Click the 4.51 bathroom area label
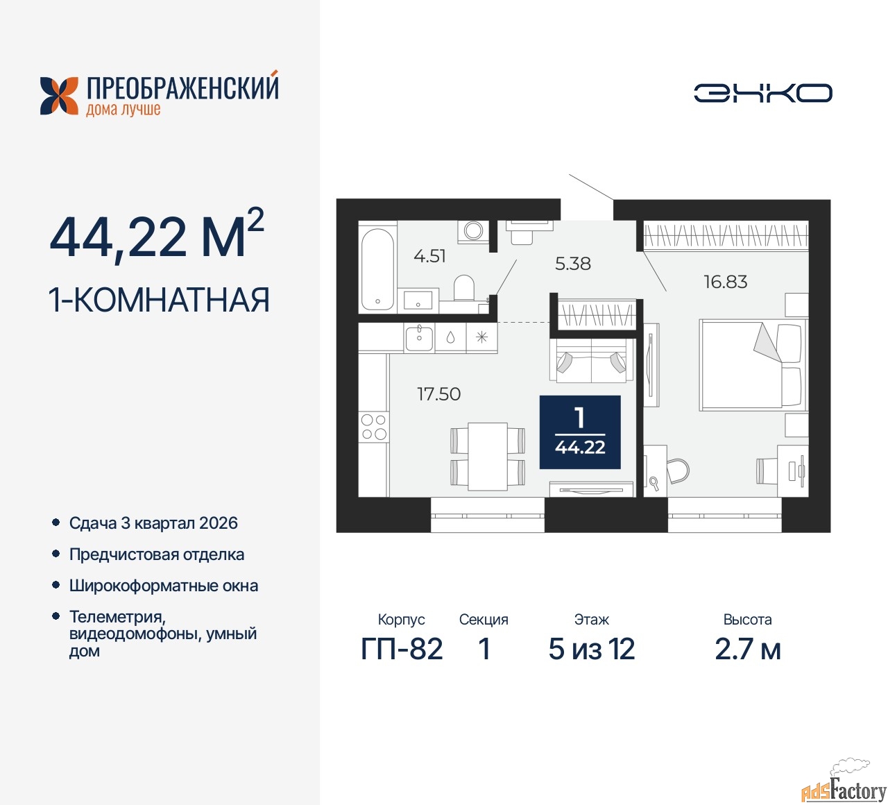tap(429, 256)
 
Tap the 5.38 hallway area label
tap(573, 264)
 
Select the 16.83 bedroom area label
tap(726, 282)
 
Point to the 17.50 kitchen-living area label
tap(439, 393)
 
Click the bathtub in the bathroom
tap(377, 269)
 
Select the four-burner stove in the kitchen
tap(374, 426)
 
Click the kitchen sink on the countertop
tap(419, 338)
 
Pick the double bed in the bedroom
tap(753, 364)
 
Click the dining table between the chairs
tap(488, 456)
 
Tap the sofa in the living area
tap(591, 360)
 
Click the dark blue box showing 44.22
tap(580, 432)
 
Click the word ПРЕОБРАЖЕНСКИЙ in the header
tap(182, 87)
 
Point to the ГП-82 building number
tap(402, 649)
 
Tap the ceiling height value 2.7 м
tap(748, 649)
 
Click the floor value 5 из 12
tap(591, 649)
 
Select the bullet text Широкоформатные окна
tap(164, 586)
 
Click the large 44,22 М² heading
tap(157, 235)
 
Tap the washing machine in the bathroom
tap(473, 231)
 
